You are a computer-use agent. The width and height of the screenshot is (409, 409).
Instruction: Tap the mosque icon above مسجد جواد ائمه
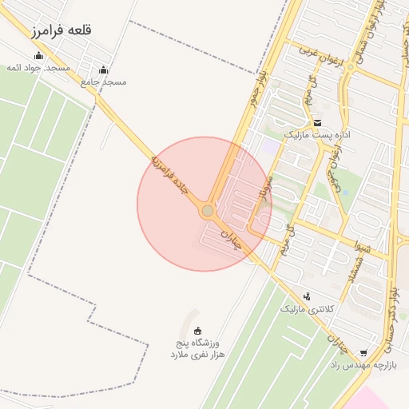tap(39, 55)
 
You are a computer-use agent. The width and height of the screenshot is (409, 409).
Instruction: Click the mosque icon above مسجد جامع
tap(103, 69)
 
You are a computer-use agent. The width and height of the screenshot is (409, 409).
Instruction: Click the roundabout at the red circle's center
tap(208, 211)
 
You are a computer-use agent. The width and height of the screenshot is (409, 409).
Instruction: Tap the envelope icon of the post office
tap(318, 122)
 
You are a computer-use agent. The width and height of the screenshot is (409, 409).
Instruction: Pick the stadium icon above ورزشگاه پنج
tap(197, 332)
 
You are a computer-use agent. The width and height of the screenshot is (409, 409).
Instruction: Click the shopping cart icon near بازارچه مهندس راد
tap(363, 352)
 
